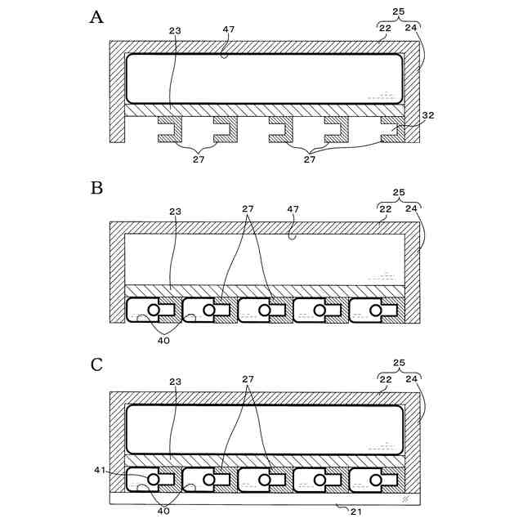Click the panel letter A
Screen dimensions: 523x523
coord(96,18)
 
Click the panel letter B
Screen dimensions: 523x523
coord(96,187)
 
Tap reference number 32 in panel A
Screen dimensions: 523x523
coord(429,116)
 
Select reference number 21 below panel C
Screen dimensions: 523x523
coord(355,511)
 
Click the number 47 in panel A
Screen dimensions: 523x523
coord(229,29)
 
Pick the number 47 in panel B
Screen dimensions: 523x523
coord(293,209)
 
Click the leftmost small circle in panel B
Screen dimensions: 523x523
coord(154,311)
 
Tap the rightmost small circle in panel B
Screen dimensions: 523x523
coord(376,311)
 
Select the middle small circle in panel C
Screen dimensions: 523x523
coord(265,480)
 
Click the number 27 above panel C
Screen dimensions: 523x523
coord(248,380)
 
